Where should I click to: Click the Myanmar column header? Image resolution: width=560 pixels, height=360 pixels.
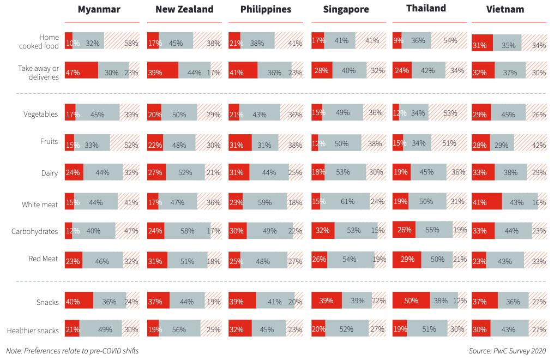pyautogui.click(x=99, y=9)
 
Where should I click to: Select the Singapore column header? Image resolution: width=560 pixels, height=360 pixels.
pyautogui.click(x=346, y=9)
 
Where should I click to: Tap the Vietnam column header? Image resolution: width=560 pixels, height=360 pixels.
pyautogui.click(x=505, y=9)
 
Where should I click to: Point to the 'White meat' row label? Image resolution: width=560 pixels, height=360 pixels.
pyautogui.click(x=40, y=205)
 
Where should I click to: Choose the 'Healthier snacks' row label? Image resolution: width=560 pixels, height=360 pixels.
pyautogui.click(x=32, y=330)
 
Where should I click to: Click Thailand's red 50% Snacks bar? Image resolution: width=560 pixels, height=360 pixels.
pyautogui.click(x=406, y=301)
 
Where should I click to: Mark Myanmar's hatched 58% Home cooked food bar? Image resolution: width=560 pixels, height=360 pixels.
pyautogui.click(x=122, y=42)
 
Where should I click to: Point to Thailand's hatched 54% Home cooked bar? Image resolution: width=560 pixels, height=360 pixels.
pyautogui.click(x=449, y=41)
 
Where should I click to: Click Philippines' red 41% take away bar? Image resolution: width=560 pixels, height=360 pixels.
pyautogui.click(x=243, y=71)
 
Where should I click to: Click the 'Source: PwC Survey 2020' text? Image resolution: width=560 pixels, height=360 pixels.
pyautogui.click(x=507, y=351)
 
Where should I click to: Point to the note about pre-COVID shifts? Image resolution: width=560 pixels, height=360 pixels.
pyautogui.click(x=73, y=351)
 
